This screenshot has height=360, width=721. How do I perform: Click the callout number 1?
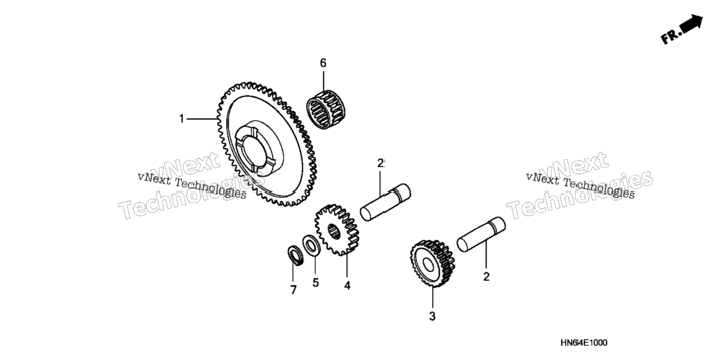(181, 119)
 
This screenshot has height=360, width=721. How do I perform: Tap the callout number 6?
(323, 63)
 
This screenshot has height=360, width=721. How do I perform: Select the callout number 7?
(293, 290)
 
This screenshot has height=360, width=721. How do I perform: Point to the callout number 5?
(316, 282)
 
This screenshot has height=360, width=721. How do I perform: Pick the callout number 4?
(347, 285)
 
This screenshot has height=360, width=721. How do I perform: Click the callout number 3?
(432, 316)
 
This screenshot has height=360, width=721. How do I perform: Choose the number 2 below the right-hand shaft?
(487, 276)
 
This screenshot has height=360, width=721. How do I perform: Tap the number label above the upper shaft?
(381, 163)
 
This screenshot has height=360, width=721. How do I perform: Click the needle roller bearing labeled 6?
(327, 110)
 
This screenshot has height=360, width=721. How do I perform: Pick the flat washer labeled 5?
(311, 245)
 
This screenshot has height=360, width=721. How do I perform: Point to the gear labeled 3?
(433, 263)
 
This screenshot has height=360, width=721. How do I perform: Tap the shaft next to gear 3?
(481, 235)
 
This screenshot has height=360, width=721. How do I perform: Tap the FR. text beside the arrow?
(670, 36)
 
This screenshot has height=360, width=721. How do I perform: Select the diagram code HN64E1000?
(584, 343)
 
